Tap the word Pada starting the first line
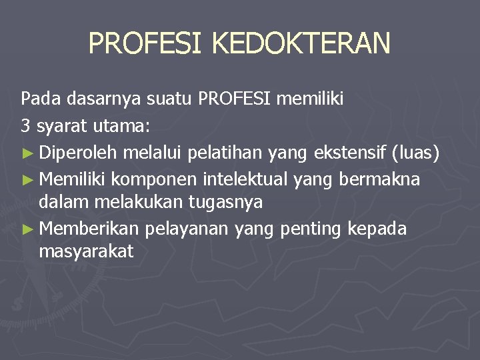[38, 100]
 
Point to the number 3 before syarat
[25, 125]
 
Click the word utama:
[127, 125]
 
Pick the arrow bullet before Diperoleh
[27, 154]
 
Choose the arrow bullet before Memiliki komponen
[27, 179]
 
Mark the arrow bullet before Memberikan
[27, 229]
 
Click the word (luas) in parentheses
[415, 153]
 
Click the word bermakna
[379, 179]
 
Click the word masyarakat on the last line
[87, 251]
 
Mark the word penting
[311, 229]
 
